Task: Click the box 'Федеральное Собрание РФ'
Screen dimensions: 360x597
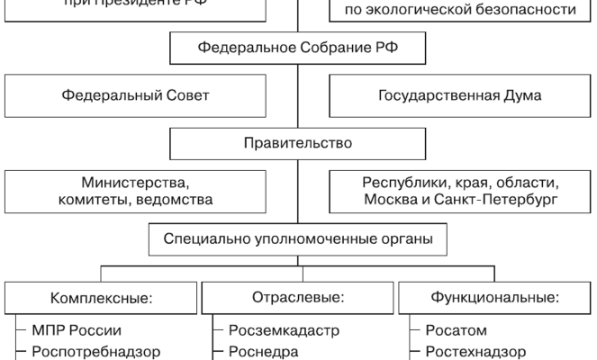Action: [298, 48]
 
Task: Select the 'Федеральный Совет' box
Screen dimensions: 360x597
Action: [136, 96]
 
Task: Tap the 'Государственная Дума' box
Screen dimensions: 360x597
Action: [461, 96]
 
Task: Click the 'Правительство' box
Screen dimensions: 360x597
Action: [298, 143]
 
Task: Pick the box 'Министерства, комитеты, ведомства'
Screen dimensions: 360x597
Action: [136, 190]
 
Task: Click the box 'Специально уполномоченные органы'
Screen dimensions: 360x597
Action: [298, 240]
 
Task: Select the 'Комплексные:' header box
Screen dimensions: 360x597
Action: [100, 297]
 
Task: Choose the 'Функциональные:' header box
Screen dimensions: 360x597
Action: [494, 297]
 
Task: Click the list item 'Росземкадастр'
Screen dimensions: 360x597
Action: [284, 330]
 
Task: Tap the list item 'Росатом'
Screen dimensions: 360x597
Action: [455, 330]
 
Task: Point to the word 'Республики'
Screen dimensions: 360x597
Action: [397, 181]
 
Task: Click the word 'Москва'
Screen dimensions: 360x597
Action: [389, 199]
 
